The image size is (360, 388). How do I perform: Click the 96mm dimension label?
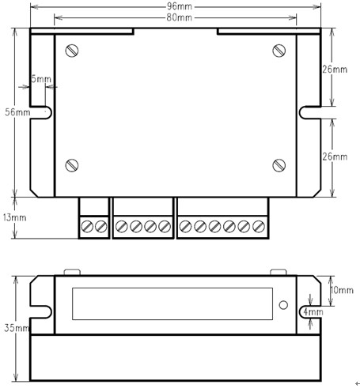180,6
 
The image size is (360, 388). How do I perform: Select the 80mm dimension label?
180,17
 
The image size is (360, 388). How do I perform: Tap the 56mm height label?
17,112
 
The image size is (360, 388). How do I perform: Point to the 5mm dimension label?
41,79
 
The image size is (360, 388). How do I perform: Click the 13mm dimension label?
15,217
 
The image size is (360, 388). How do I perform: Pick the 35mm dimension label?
17,328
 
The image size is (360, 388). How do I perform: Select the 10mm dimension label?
342,290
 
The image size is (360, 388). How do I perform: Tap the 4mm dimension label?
313,312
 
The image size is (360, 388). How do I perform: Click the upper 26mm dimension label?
335,70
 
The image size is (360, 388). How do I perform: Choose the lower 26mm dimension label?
335,156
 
